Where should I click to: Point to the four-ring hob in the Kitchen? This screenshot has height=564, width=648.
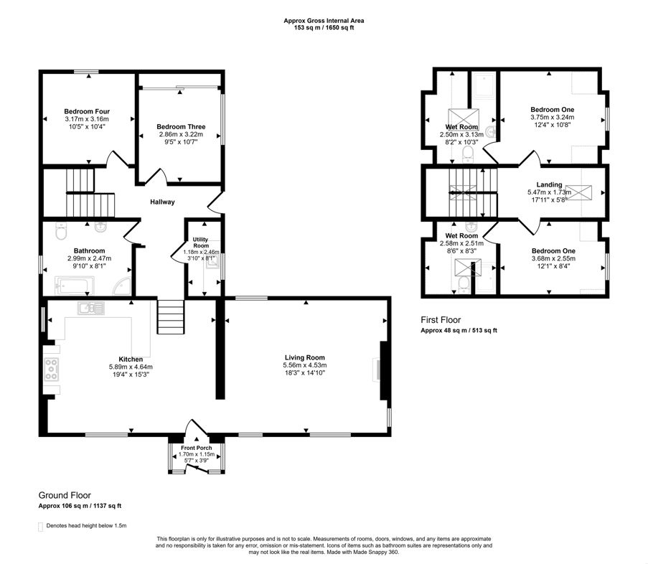tap(52, 369)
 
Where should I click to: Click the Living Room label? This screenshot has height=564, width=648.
tap(304, 357)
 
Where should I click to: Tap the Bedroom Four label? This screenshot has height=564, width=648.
tap(86, 111)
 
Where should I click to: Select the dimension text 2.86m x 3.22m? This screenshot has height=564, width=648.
tap(180, 134)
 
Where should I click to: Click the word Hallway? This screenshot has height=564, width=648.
tap(162, 202)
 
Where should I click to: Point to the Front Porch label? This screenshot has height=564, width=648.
tap(196, 448)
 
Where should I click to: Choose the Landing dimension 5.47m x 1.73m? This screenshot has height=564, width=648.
tap(549, 192)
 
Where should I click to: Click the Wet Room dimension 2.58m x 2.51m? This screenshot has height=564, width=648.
tap(461, 243)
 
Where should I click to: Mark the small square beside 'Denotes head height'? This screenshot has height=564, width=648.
tap(40, 526)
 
